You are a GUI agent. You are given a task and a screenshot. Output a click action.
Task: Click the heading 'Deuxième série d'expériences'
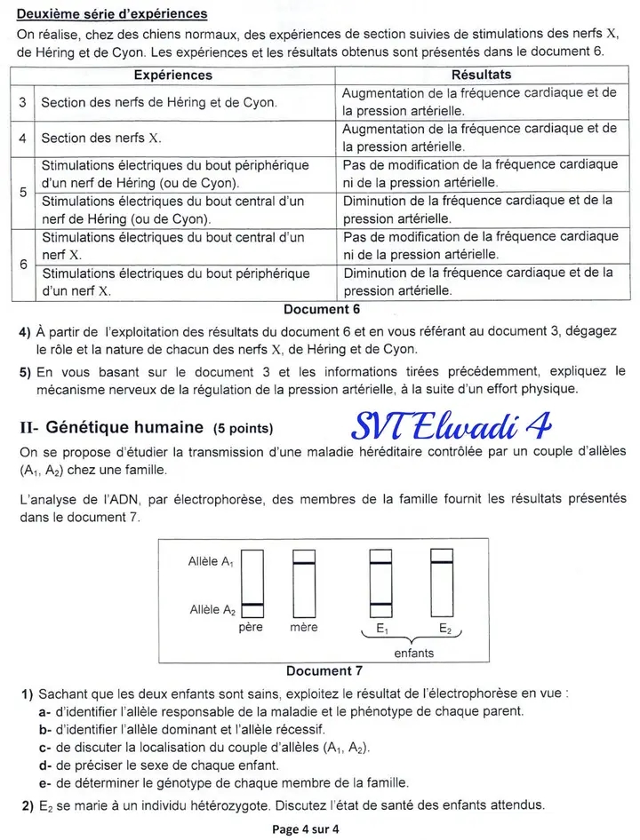pyautogui.click(x=112, y=14)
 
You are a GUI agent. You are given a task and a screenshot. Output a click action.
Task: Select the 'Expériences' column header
pyautogui.click(x=172, y=75)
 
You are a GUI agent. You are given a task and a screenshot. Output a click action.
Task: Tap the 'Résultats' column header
pyautogui.click(x=481, y=75)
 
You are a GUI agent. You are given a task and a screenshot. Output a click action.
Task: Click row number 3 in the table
pyautogui.click(x=22, y=102)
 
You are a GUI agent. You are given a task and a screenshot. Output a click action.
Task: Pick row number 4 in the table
pyautogui.click(x=22, y=138)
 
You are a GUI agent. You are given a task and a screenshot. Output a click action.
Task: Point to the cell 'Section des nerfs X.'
pyautogui.click(x=101, y=138)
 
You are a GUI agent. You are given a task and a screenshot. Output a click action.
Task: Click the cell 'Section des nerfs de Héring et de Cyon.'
pyautogui.click(x=158, y=102)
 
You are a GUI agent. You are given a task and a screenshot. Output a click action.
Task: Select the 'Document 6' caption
pyautogui.click(x=321, y=309)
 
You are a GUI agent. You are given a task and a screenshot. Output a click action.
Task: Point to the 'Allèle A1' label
pyautogui.click(x=212, y=561)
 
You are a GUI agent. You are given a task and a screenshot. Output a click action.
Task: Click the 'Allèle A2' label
pyautogui.click(x=212, y=609)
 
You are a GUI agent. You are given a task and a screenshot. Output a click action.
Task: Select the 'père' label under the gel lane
pyautogui.click(x=252, y=628)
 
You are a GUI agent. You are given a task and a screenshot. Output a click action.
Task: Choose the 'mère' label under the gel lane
pyautogui.click(x=303, y=628)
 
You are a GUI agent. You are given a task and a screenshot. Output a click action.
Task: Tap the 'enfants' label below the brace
pyautogui.click(x=413, y=653)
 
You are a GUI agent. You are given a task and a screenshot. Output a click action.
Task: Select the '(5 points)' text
pyautogui.click(x=244, y=428)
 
